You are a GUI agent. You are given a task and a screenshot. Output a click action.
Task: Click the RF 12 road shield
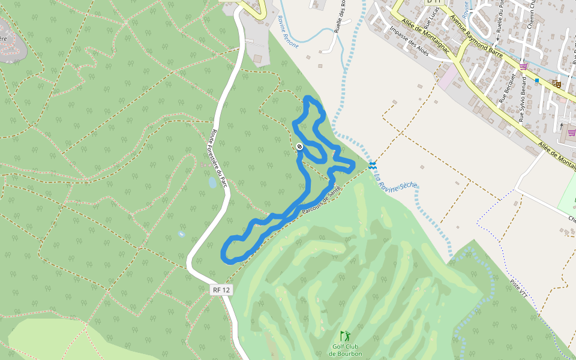221,290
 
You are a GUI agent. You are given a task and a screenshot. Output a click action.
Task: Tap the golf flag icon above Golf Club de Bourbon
344,336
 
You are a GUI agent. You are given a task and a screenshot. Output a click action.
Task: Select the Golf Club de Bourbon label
345,350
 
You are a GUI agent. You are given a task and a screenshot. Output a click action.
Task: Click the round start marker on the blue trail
299,146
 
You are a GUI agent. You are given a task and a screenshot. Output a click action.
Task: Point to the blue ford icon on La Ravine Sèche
373,164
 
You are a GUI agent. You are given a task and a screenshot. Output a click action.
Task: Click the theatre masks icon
556,84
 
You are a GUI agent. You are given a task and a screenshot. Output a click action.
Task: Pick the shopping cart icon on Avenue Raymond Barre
523,67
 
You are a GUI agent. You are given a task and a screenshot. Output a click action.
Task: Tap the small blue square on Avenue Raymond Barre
537,80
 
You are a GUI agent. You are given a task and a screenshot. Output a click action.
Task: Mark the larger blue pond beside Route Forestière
212,182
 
